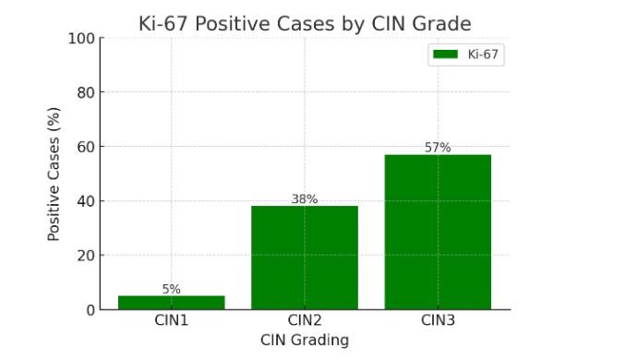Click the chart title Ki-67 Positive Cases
304,24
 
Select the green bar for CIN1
172,303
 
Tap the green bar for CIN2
305,258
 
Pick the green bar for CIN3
438,232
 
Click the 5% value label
172,289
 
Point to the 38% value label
305,199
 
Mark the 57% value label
438,148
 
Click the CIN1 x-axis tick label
172,321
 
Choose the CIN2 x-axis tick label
305,321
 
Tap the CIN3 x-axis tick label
438,321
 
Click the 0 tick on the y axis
90,310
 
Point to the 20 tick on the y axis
86,256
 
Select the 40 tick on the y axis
86,201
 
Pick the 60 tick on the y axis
86,147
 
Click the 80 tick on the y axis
86,92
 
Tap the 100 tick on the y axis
82,39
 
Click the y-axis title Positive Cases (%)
54,174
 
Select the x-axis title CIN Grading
305,341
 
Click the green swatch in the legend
446,54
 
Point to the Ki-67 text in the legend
483,54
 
